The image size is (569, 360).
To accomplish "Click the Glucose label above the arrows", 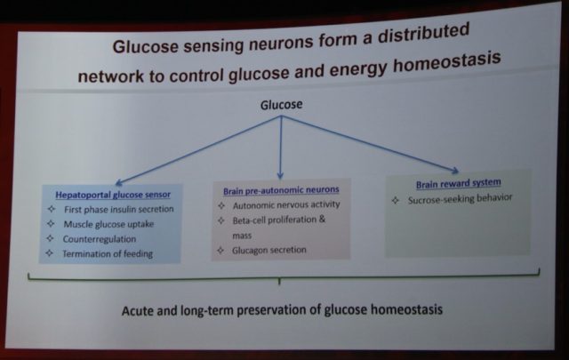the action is [281, 105].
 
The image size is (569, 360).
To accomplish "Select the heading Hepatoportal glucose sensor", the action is [113, 195].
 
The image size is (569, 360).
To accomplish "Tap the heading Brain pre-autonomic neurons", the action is [281, 190].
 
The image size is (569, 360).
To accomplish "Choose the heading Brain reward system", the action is [459, 183].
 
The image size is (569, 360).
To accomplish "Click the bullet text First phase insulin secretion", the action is [119, 210].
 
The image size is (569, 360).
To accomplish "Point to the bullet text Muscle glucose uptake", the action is [108, 224].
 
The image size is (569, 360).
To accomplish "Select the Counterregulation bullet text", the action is [100, 239].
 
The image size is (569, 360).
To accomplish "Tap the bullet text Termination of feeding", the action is [108, 253].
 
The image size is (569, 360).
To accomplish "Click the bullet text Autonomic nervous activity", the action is [286, 205].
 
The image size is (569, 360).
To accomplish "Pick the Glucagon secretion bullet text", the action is [269, 250].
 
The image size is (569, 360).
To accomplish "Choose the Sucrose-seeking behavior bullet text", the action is [461, 199].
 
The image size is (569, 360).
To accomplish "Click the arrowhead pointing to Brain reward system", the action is [454, 170].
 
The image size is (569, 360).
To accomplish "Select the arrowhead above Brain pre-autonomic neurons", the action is [280, 175].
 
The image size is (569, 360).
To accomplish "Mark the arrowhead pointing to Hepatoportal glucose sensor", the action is [119, 182].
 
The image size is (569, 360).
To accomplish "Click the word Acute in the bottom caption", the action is [135, 311].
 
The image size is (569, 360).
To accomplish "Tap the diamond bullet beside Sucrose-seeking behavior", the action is [395, 200].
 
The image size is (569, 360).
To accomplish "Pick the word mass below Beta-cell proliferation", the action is [242, 236].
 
